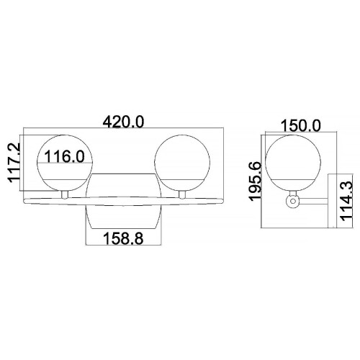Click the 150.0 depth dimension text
(300, 125)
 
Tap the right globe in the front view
(183, 161)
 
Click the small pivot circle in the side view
(292, 204)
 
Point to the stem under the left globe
(64, 193)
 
